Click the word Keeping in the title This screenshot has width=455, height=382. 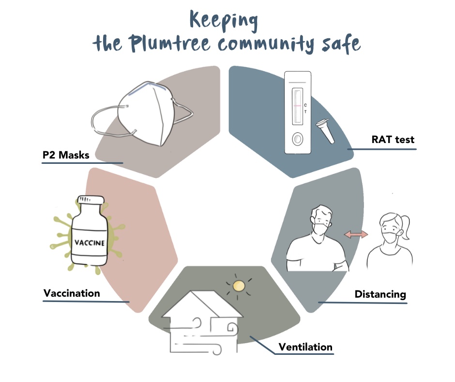224,20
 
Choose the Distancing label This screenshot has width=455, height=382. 380,294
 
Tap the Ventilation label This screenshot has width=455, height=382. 305,347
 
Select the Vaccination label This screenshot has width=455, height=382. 72,293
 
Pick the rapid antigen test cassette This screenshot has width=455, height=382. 296,112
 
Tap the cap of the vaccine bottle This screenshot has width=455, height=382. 90,201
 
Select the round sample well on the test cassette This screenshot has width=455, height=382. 296,140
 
